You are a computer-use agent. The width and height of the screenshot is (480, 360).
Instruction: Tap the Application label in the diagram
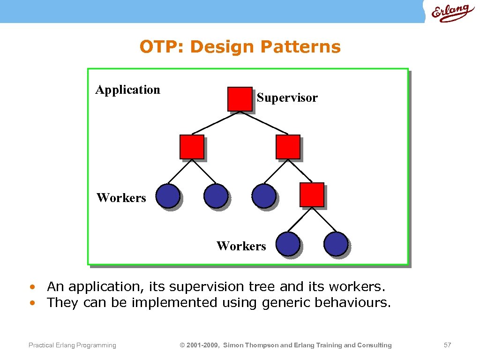(x=127, y=90)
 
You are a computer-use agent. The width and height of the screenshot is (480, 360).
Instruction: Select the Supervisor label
(x=287, y=97)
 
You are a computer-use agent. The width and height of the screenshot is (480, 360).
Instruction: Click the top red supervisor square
(x=240, y=99)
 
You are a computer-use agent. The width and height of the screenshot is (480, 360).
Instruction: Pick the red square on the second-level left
(x=192, y=147)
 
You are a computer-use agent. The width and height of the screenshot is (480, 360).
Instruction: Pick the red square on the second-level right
(x=287, y=147)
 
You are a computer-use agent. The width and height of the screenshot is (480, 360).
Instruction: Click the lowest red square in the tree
(x=312, y=195)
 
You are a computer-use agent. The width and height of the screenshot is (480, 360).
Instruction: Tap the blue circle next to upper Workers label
(x=167, y=195)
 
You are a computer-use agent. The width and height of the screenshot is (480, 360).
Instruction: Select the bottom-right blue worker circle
(x=336, y=244)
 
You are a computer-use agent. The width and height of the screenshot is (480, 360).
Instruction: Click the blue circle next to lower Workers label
(x=287, y=244)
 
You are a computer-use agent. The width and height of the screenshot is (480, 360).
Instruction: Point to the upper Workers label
(x=121, y=198)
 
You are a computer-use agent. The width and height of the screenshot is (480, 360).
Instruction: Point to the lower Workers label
(x=241, y=246)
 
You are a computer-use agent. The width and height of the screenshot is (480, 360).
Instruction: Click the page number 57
(x=447, y=345)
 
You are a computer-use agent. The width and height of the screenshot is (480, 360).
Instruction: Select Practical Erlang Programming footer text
(x=72, y=345)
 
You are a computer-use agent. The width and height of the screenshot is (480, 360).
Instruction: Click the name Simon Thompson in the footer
(x=250, y=345)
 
